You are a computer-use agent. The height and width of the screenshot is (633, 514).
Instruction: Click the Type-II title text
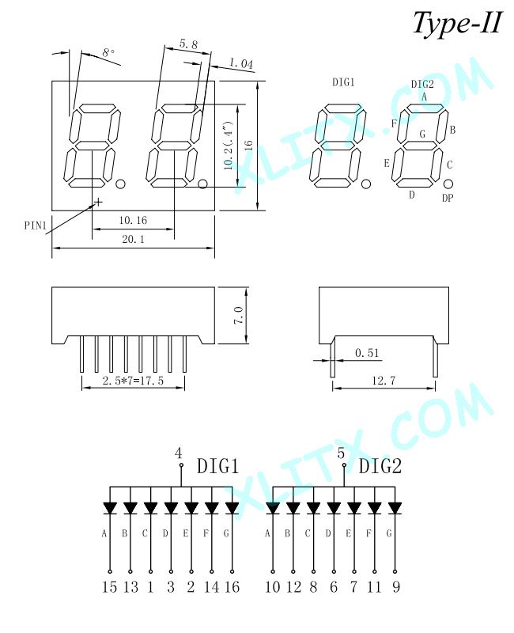[x=457, y=23]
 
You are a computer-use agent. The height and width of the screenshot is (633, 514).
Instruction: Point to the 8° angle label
[x=108, y=53]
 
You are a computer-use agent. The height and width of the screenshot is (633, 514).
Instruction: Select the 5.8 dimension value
[x=188, y=44]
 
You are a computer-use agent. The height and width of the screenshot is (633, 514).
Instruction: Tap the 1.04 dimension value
[x=241, y=63]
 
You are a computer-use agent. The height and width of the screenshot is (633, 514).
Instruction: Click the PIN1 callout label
[x=36, y=226]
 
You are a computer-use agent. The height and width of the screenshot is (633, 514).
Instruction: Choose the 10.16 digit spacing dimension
[x=133, y=221]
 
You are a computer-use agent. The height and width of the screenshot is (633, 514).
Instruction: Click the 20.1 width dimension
[x=133, y=240]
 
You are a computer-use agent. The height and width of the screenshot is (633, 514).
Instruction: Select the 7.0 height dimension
[x=239, y=315]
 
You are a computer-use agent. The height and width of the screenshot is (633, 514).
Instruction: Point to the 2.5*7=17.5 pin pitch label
[x=133, y=381]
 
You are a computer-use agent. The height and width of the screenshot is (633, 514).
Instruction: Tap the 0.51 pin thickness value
[x=367, y=353]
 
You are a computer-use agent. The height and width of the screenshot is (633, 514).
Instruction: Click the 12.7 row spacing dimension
[x=384, y=381]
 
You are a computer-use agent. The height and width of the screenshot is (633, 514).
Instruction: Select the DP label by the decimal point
[x=448, y=199]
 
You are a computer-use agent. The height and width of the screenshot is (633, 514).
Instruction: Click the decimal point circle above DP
[x=448, y=184]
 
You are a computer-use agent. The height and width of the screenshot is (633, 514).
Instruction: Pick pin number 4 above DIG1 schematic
[x=179, y=453]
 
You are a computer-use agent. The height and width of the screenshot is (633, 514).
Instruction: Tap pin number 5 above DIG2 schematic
[x=341, y=453]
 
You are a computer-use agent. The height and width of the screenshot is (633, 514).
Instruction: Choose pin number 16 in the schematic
[x=232, y=586]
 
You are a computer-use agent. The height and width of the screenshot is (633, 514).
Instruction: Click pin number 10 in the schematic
[x=273, y=586]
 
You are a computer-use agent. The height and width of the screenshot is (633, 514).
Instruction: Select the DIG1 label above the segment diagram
[x=343, y=82]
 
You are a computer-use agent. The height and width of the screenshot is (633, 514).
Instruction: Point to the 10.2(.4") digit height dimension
[x=229, y=145]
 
